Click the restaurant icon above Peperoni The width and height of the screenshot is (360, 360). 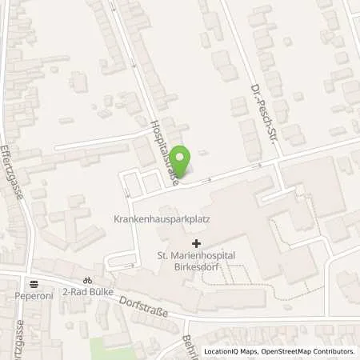34,284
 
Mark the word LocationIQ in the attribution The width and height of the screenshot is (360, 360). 222,351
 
